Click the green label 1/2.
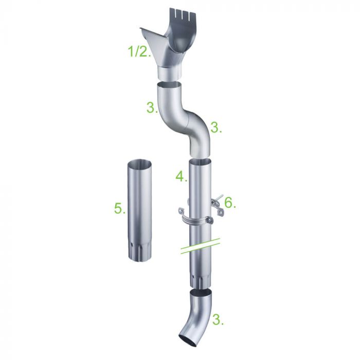click(139, 51)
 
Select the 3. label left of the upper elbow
click(152, 107)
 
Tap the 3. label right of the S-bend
click(216, 128)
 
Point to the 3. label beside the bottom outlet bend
click(218, 319)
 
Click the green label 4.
click(182, 177)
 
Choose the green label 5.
click(120, 209)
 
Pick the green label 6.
click(230, 203)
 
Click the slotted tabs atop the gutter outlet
click(183, 14)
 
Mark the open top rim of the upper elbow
click(169, 84)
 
